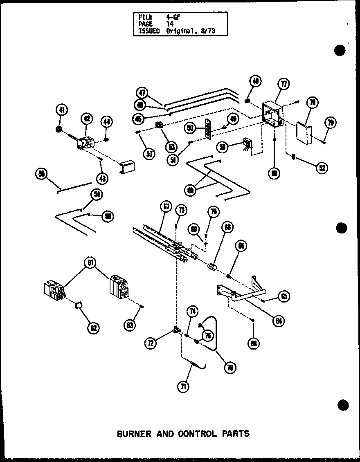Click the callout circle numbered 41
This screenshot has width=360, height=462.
click(61, 110)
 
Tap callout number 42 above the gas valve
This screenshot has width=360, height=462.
click(87, 119)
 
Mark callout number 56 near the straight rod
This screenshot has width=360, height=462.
click(41, 173)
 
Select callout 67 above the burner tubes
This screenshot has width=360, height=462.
click(166, 207)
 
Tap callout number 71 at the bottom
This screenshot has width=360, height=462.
click(184, 386)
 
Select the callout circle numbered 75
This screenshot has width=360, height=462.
click(208, 335)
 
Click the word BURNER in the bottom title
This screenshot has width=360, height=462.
click(134, 433)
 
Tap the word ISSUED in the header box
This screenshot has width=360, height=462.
click(149, 31)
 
